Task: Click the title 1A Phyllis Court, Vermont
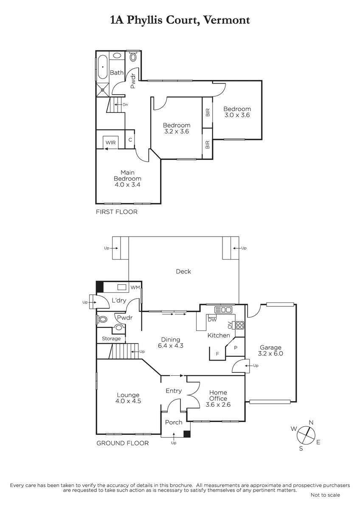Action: (x=180, y=20)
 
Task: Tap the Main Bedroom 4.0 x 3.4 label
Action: (x=127, y=179)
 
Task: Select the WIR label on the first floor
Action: (x=111, y=143)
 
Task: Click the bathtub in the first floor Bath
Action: (x=103, y=67)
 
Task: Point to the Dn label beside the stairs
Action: (x=125, y=105)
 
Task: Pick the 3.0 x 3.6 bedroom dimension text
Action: (x=237, y=115)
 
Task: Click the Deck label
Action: (x=183, y=271)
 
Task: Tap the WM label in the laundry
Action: (x=135, y=288)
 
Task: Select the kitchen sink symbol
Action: (x=223, y=309)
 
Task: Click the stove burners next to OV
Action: (x=240, y=325)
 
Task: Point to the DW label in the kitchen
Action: (x=212, y=320)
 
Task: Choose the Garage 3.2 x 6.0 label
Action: (x=270, y=350)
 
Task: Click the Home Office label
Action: (x=218, y=395)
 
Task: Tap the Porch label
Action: (x=174, y=422)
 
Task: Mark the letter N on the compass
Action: (x=311, y=422)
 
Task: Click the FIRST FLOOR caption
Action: (x=117, y=212)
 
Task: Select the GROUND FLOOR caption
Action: (x=123, y=443)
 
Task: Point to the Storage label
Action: (x=111, y=338)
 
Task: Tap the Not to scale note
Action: (x=325, y=495)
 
